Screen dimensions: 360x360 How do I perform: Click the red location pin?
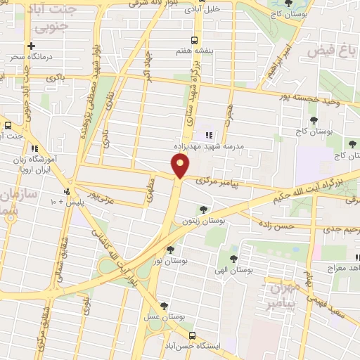coord(181,166)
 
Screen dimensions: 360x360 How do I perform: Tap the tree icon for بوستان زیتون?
coord(202,210)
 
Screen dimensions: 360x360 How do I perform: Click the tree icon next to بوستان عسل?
coord(164,306)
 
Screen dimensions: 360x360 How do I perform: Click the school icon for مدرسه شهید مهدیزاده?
coord(207,134)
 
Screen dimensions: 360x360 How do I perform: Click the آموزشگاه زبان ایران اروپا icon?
coord(33,148)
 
